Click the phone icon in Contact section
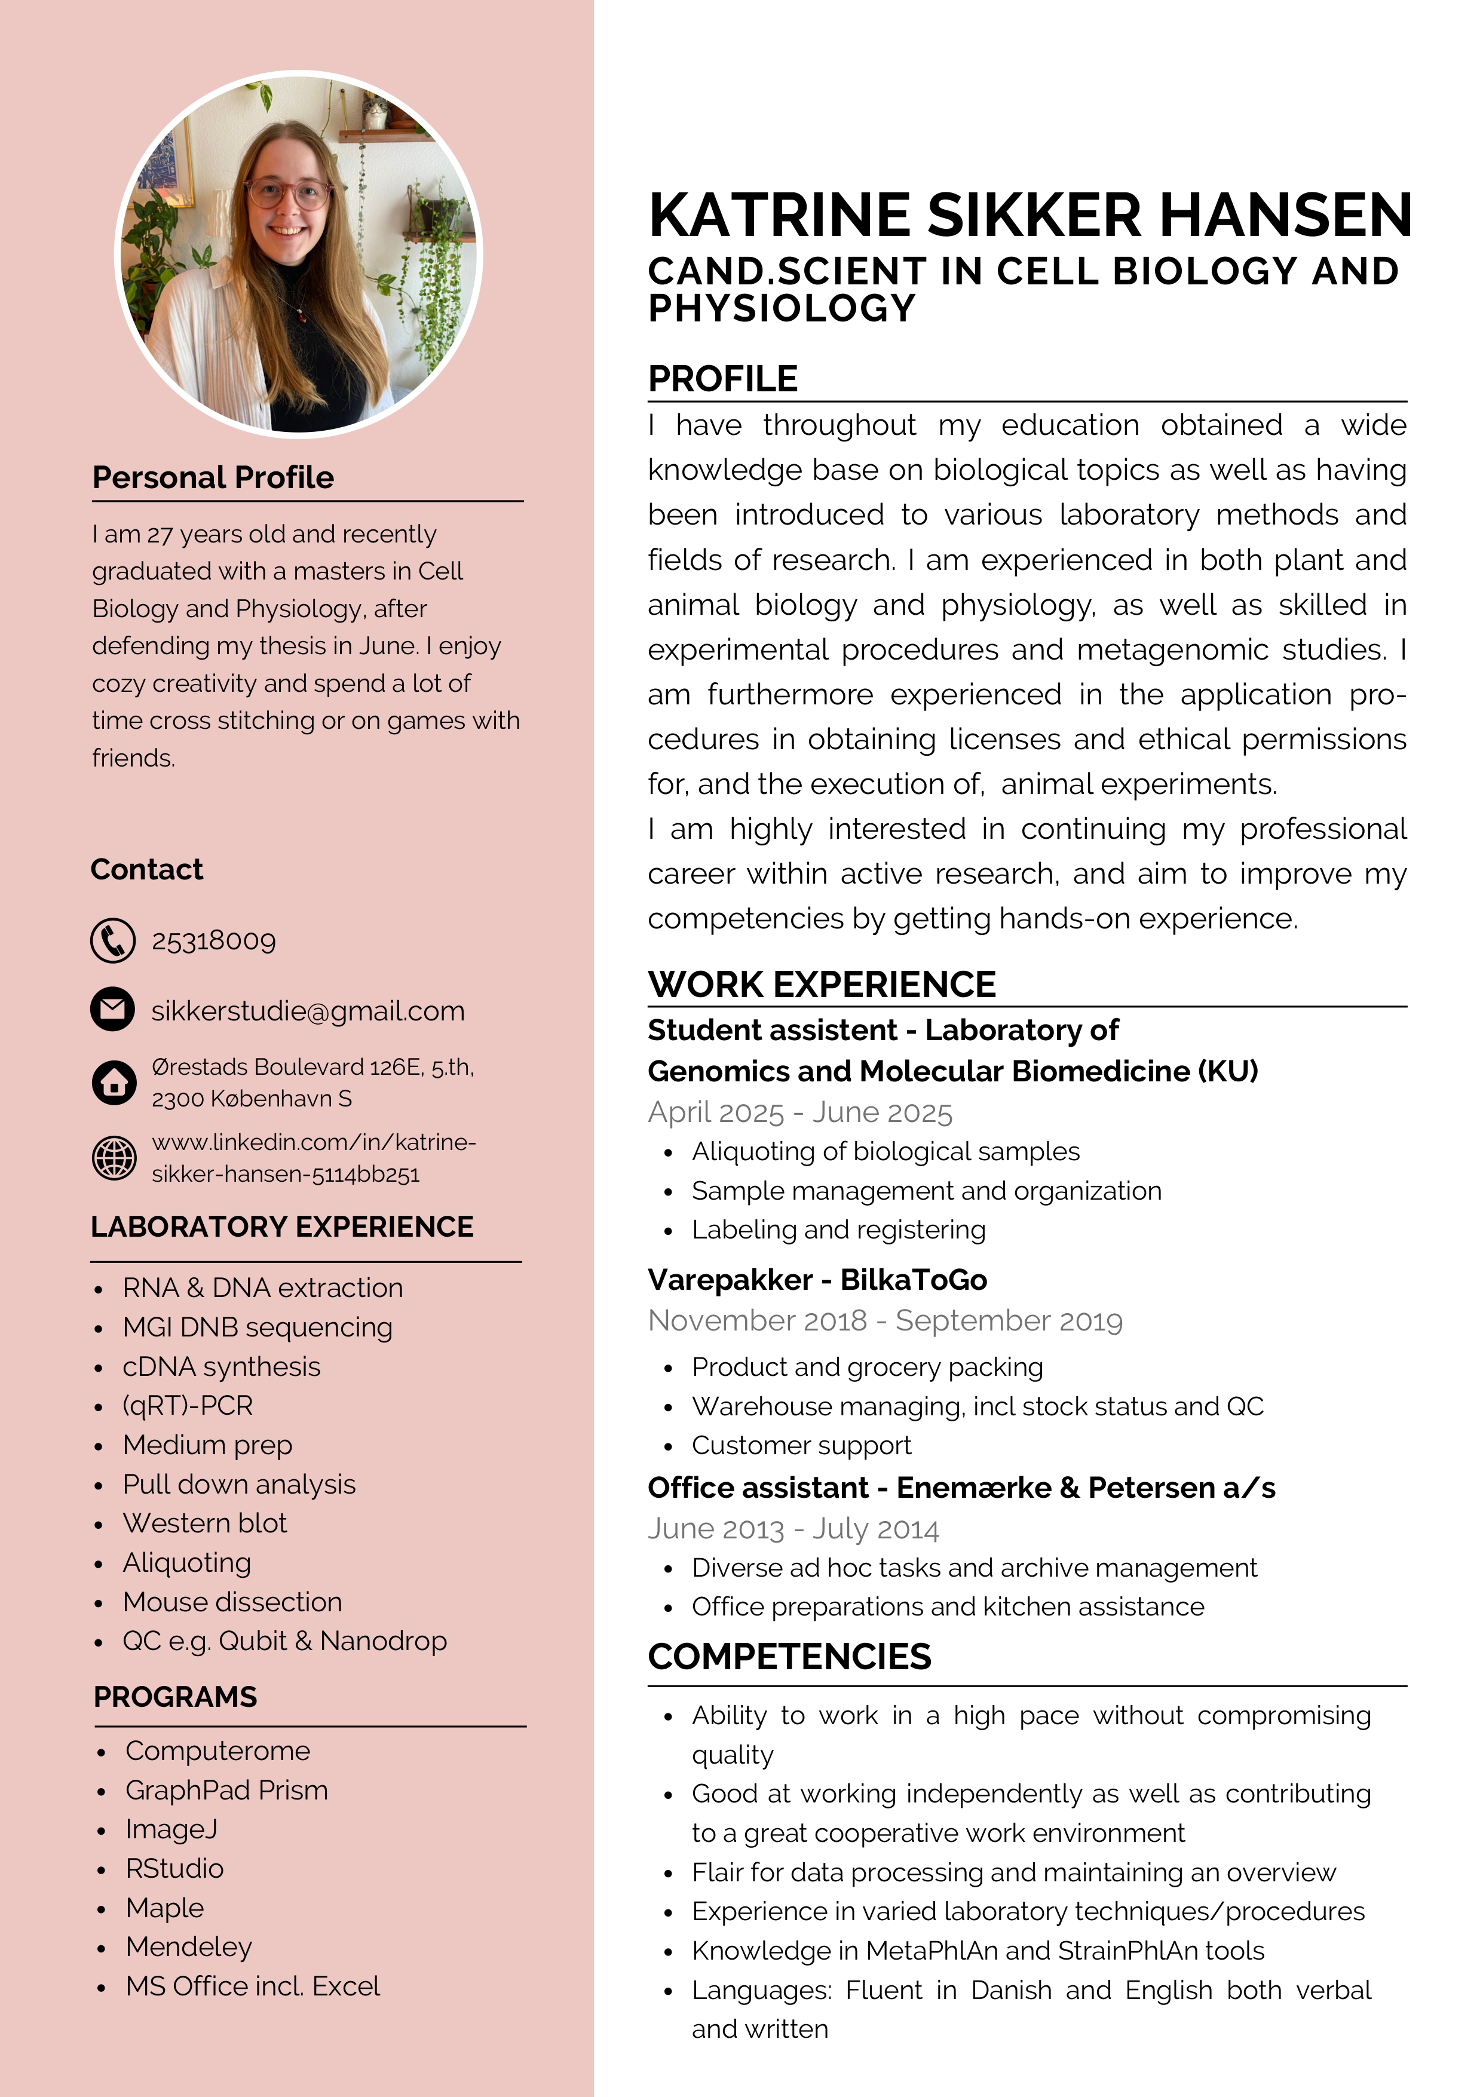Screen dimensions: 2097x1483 pyautogui.click(x=114, y=941)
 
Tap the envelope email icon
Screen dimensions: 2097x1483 pyautogui.click(x=114, y=1010)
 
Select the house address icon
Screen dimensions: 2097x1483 pyautogui.click(x=114, y=1083)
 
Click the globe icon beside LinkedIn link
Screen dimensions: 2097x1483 pyautogui.click(x=114, y=1158)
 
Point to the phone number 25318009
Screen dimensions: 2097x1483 pyautogui.click(x=214, y=941)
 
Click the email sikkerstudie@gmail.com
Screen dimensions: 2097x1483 pyautogui.click(x=308, y=1011)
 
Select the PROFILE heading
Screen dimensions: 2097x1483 pyautogui.click(x=722, y=379)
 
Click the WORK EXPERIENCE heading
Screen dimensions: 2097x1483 pyautogui.click(x=821, y=985)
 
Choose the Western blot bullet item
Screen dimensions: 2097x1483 pyautogui.click(x=204, y=1523)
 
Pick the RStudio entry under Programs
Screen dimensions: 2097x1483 pyautogui.click(x=174, y=1869)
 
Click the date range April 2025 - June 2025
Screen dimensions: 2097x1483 pyautogui.click(x=800, y=1112)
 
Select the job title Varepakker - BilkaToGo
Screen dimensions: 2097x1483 pyautogui.click(x=817, y=1280)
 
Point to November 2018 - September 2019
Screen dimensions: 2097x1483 pyautogui.click(x=885, y=1321)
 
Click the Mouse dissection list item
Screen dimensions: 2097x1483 pyautogui.click(x=232, y=1602)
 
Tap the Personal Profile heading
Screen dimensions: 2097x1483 pyautogui.click(x=213, y=478)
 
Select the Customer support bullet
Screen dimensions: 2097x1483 pyautogui.click(x=801, y=1446)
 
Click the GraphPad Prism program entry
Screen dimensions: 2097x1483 pyautogui.click(x=226, y=1790)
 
